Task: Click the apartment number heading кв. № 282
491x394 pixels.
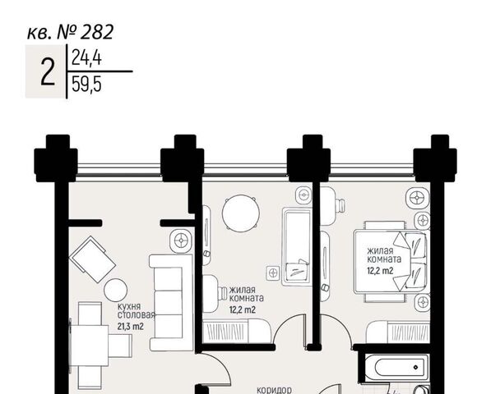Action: (71, 32)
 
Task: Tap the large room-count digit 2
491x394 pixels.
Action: (48, 72)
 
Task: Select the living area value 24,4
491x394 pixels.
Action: (86, 57)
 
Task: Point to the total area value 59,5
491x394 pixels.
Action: (86, 85)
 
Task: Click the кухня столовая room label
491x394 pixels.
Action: (137, 310)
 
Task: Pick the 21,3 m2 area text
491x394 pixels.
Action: (131, 327)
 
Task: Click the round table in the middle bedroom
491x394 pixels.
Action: (241, 213)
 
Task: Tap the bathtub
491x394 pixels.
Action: (396, 368)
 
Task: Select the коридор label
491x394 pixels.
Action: (275, 390)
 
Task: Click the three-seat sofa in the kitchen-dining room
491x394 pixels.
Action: (171, 302)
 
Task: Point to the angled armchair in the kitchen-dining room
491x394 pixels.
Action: (92, 259)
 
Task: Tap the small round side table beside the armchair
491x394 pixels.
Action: (115, 290)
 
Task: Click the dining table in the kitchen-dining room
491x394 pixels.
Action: (90, 346)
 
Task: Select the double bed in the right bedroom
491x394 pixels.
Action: (391, 262)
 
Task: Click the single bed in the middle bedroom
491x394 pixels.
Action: (295, 247)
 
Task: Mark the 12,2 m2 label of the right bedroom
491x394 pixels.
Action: (380, 271)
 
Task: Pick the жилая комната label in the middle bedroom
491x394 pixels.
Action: (247, 294)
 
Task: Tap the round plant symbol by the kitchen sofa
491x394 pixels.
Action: (181, 241)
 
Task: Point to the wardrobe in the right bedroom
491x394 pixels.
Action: (398, 332)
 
